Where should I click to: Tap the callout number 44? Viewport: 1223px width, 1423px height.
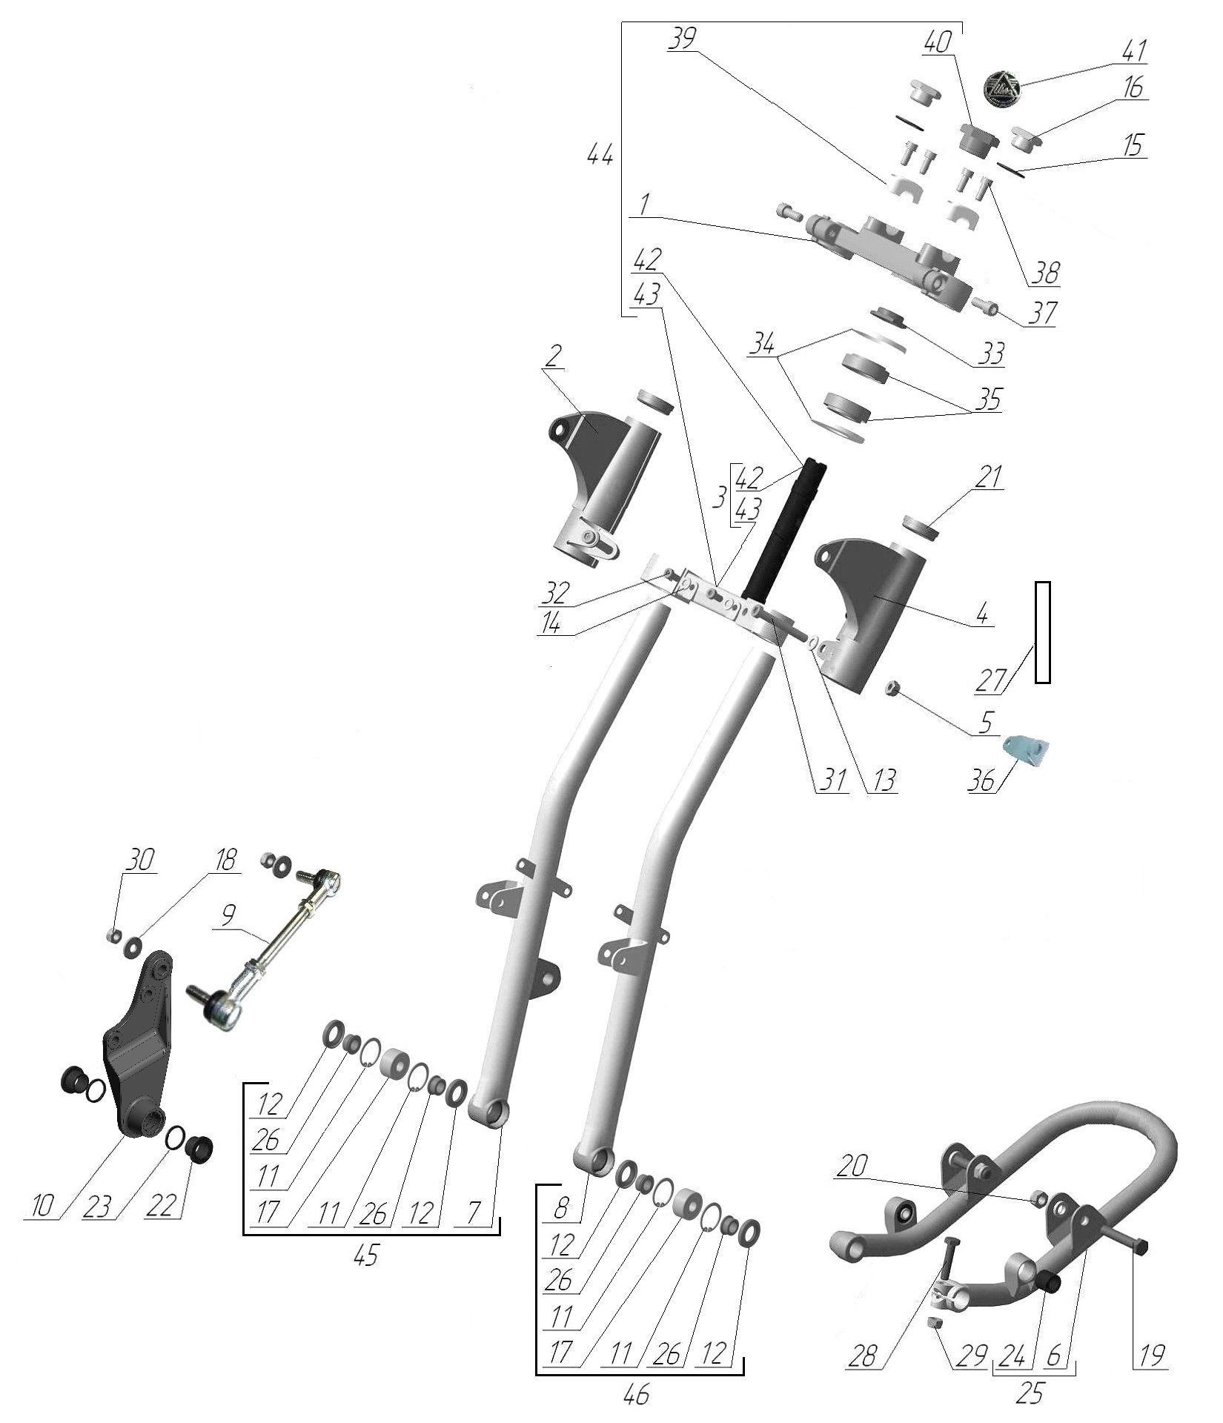point(599,156)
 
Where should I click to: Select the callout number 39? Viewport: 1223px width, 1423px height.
point(682,39)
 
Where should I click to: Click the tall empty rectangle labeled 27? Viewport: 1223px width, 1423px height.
point(1042,632)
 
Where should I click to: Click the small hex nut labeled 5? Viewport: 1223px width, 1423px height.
point(893,690)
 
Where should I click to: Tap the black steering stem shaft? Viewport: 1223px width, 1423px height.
point(789,530)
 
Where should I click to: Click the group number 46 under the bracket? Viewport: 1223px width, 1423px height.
point(636,1394)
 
